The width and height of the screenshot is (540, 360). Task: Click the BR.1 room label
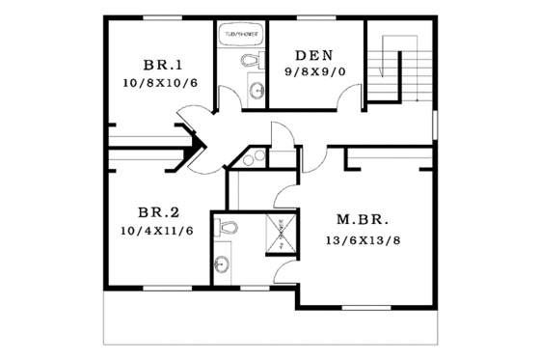162,65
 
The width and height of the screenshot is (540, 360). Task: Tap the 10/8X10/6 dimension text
160,83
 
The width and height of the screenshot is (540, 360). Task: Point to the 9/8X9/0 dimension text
314,71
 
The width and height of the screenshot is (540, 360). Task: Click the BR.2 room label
160,213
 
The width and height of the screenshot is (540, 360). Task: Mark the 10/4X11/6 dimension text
158,232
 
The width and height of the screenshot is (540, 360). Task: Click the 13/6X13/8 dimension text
363,237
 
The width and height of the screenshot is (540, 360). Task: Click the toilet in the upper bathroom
253,61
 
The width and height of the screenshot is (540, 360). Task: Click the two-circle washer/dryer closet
253,158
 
